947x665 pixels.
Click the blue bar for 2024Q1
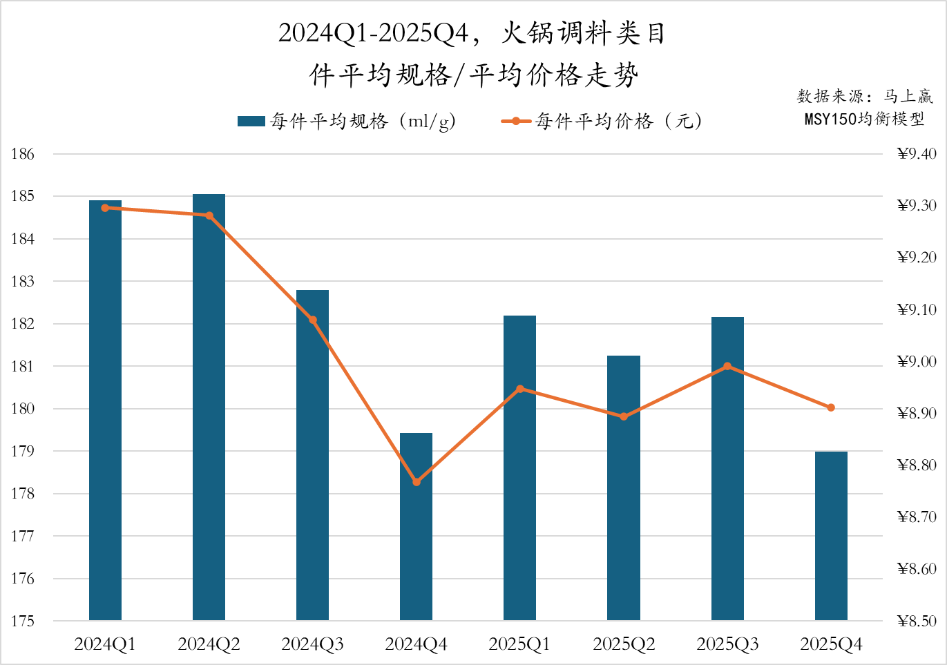point(105,410)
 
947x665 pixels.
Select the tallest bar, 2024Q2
point(209,407)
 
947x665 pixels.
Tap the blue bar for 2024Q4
point(416,526)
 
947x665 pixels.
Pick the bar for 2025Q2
point(623,488)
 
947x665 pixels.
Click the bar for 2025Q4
point(831,536)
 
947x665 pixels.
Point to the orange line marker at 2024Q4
point(417,482)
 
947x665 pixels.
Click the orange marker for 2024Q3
point(313,320)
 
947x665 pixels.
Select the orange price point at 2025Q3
point(727,367)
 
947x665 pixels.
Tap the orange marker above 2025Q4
point(831,408)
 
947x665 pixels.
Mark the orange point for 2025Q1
point(520,389)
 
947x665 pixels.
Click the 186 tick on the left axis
point(22,154)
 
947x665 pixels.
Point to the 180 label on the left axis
point(22,409)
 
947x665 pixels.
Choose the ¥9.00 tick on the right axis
point(917,361)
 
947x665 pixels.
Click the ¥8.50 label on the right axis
point(917,621)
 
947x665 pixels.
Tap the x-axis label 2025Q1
point(519,644)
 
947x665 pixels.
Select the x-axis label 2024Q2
point(209,644)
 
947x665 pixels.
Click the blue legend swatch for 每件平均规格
point(251,122)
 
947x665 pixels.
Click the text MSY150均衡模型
point(864,119)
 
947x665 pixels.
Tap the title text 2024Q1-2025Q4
point(374,33)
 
